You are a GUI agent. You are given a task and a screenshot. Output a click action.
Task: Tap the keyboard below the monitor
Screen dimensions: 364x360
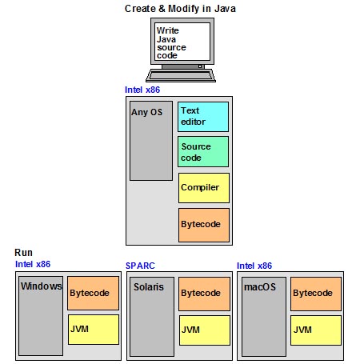[182, 76]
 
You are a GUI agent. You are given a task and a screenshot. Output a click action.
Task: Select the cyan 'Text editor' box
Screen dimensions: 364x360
[203, 117]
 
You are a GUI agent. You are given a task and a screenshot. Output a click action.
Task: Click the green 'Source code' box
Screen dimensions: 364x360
[203, 152]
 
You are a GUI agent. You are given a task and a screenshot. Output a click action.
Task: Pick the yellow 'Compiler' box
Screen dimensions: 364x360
[203, 187]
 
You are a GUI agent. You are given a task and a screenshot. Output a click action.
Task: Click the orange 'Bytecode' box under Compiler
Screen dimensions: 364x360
[203, 224]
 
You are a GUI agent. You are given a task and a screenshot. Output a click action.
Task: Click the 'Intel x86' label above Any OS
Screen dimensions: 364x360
[142, 90]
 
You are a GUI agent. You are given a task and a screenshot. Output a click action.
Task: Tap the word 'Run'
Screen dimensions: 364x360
[24, 252]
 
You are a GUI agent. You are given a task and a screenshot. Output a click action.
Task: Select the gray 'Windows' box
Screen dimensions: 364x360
[40, 316]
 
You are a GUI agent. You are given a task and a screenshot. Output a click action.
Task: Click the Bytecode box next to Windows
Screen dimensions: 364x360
[93, 294]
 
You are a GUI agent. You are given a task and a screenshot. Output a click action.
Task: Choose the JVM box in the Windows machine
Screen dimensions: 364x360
[93, 329]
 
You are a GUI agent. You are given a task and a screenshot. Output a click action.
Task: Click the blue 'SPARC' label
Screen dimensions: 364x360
[142, 266]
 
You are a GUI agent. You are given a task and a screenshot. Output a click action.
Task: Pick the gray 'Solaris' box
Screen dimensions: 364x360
[151, 316]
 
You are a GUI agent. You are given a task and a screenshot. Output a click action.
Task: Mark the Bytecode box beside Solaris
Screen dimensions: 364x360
[203, 294]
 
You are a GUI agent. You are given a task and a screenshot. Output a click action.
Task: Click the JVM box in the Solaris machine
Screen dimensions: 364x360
[203, 329]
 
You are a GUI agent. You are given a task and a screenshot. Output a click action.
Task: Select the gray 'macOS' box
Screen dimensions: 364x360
[262, 316]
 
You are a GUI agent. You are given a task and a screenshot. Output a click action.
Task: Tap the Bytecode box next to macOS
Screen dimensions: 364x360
[315, 294]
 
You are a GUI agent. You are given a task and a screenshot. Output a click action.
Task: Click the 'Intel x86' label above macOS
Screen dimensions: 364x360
[254, 266]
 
